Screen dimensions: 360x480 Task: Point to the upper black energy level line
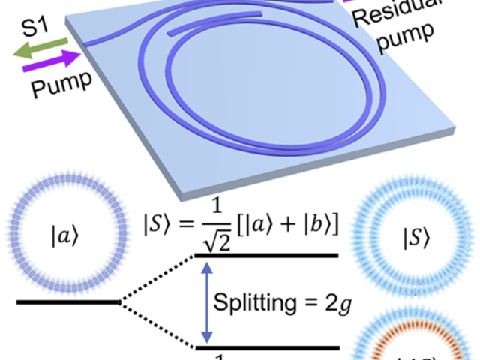coord(266,256)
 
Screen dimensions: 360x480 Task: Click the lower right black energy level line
coord(266,346)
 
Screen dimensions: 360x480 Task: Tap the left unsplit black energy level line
coord(67,302)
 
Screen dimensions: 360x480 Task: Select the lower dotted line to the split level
coord(157,325)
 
